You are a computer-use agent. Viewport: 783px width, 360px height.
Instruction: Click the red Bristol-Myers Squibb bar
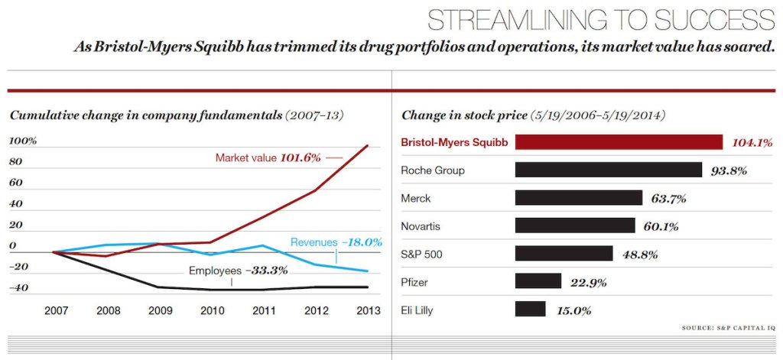coord(619,142)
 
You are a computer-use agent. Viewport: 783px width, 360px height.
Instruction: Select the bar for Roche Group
coord(608,170)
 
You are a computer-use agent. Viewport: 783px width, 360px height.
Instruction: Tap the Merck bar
coord(578,198)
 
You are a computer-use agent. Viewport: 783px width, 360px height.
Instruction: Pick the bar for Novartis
coord(574,225)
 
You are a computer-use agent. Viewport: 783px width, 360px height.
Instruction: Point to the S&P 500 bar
coord(564,254)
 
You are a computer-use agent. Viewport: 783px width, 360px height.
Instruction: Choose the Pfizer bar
coord(538,281)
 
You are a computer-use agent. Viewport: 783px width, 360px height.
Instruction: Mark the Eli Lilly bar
coord(530,310)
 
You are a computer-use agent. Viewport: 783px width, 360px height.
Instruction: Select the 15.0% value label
coord(573,310)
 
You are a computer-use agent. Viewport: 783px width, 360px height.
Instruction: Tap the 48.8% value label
coord(639,255)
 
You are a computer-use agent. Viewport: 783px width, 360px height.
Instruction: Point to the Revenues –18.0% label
coord(336,242)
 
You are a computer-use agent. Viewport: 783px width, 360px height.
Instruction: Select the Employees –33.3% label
coord(228,271)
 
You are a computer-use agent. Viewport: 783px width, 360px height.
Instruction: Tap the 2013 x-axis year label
coord(368,310)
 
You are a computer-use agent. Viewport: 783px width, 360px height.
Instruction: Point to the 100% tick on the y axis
coord(23,141)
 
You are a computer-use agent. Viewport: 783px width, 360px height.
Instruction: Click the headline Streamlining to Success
coord(600,18)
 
